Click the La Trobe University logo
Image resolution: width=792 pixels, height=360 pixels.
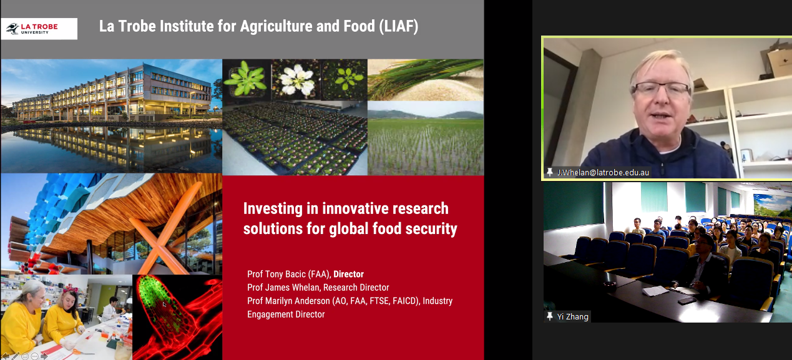click(x=39, y=29)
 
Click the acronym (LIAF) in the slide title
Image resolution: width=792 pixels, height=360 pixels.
click(x=398, y=26)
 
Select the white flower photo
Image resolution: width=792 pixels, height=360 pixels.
click(x=296, y=80)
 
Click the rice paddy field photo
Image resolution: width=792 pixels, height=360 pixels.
click(x=426, y=138)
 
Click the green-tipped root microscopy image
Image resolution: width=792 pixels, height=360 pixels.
click(x=177, y=317)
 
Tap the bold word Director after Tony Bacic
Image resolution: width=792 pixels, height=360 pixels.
click(x=348, y=274)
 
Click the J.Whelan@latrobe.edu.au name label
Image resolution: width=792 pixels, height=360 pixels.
click(x=603, y=172)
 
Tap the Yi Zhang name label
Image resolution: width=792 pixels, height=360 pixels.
click(x=572, y=316)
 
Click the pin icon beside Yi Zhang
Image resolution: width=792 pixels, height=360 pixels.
click(x=549, y=316)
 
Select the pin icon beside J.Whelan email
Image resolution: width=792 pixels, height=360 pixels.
click(x=549, y=172)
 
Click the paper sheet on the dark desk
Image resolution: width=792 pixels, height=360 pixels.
click(x=655, y=291)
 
